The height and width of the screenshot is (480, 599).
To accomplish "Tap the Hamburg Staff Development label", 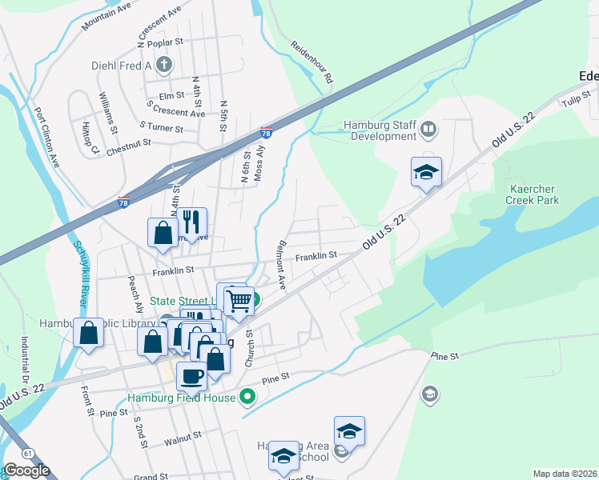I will pyautogui.click(x=380, y=130).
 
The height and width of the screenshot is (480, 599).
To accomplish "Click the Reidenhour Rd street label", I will pyautogui.click(x=312, y=63).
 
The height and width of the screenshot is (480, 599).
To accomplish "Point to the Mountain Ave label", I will pyautogui.click(x=106, y=16).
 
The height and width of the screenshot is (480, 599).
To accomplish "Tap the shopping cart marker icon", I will pyautogui.click(x=239, y=302).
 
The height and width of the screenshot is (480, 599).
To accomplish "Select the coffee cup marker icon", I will pyautogui.click(x=191, y=375).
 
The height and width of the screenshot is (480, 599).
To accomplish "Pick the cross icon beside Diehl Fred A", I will pyautogui.click(x=164, y=66).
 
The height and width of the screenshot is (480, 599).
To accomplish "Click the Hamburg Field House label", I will pyautogui.click(x=181, y=397).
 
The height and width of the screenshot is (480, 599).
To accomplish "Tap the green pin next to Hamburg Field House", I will pyautogui.click(x=247, y=396).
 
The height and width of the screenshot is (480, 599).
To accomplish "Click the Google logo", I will pyautogui.click(x=26, y=471).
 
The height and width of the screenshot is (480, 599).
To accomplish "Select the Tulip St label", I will pyautogui.click(x=570, y=100).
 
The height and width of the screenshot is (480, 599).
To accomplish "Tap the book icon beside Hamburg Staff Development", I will pyautogui.click(x=428, y=129).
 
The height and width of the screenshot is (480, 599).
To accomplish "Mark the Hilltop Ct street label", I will pyautogui.click(x=88, y=138).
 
